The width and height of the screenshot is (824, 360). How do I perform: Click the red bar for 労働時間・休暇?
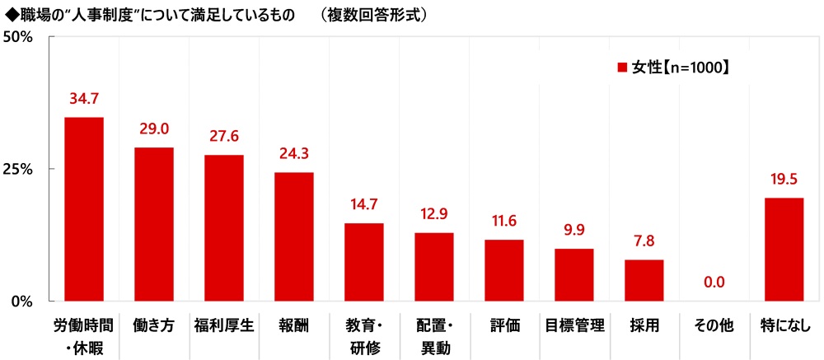tap(84, 209)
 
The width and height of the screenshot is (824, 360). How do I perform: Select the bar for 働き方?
tap(154, 224)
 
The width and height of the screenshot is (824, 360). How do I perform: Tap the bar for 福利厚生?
tap(224, 227)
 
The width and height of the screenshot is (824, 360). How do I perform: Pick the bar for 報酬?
tap(294, 236)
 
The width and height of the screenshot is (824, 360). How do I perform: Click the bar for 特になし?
tap(784, 249)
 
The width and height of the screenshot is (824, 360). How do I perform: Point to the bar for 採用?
tap(644, 280)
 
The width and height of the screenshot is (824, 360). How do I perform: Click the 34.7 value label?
tap(84, 100)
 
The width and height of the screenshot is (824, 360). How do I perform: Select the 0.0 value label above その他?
tap(714, 283)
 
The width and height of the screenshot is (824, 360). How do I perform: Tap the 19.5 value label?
tap(784, 180)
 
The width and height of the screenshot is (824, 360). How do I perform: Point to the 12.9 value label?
tap(433, 215)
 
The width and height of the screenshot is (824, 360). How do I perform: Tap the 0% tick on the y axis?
tap(21, 301)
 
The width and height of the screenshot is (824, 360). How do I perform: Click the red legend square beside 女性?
tap(623, 68)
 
